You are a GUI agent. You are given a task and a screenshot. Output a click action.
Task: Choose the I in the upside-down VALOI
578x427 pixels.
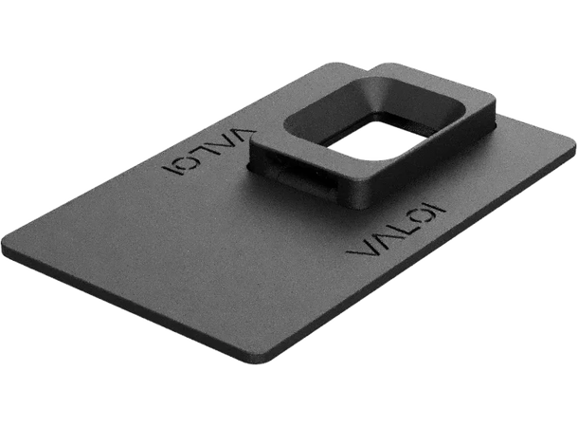click(171, 171)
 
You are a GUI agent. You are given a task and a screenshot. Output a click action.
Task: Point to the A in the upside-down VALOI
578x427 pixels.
click(224, 142)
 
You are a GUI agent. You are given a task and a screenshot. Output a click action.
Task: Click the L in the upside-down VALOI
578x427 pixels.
click(205, 151)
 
